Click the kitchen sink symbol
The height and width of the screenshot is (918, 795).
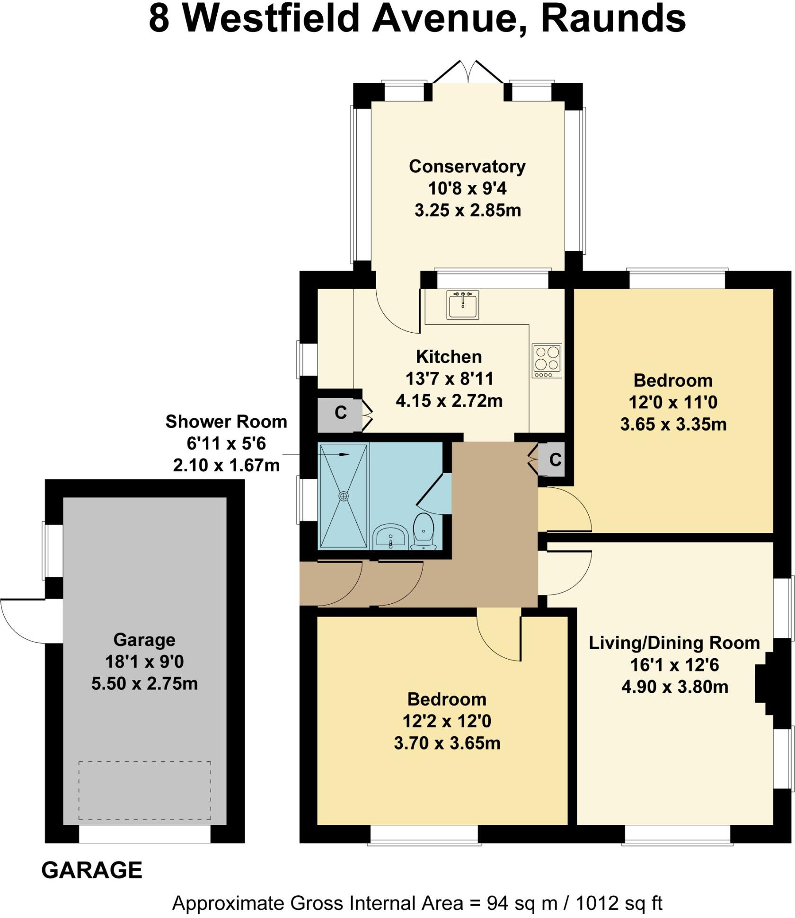(462, 304)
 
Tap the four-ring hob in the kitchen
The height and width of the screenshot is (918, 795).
(547, 360)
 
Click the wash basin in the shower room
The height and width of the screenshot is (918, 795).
(391, 538)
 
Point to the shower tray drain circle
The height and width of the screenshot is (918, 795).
(343, 495)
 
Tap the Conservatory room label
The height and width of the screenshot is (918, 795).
(467, 166)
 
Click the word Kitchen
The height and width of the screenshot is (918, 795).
(449, 356)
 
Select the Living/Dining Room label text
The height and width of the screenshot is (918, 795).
(674, 643)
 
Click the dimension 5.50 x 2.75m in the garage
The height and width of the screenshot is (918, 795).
(144, 683)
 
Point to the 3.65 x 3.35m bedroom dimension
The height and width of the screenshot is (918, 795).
(673, 424)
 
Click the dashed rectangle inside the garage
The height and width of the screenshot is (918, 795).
(144, 790)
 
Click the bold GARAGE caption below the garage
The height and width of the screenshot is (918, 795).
(92, 870)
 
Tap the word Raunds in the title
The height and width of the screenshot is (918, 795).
(613, 19)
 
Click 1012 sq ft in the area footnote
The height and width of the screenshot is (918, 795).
(618, 903)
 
